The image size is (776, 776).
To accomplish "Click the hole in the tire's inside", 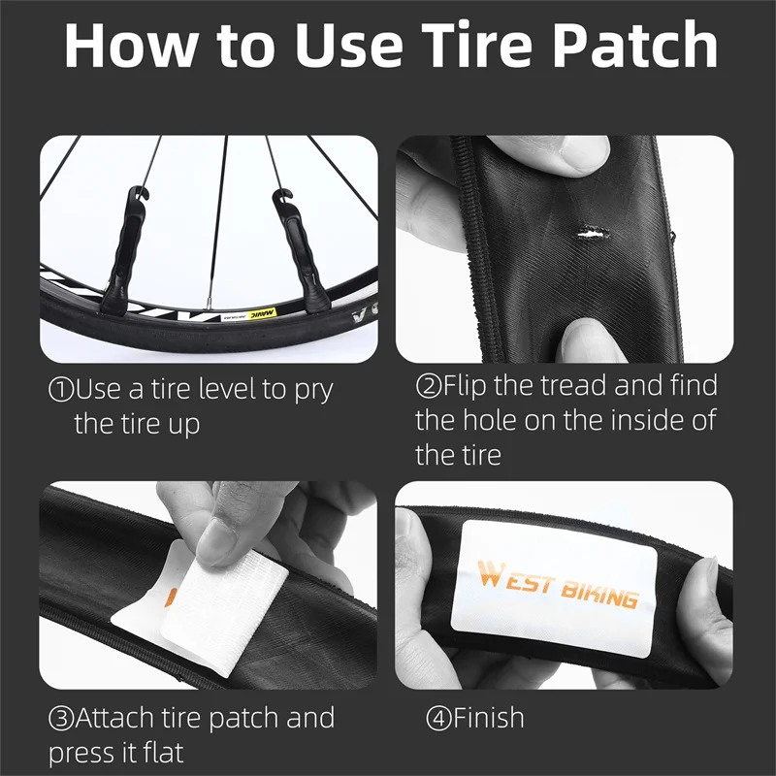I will [589, 231].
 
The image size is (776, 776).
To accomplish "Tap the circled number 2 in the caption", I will [428, 387].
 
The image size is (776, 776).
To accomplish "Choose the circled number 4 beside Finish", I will [437, 719].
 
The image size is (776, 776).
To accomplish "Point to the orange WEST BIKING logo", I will [559, 584].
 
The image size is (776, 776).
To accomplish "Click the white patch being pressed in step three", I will [223, 606].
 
